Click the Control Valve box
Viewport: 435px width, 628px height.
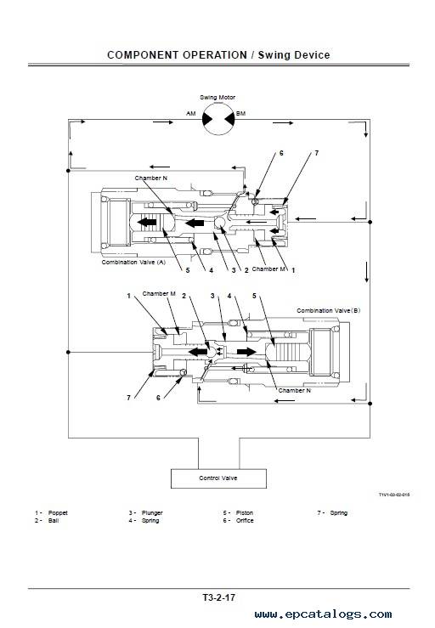[x=218, y=478]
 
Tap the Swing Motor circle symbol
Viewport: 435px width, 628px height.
[x=217, y=119]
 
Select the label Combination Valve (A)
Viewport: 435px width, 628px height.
[x=133, y=262]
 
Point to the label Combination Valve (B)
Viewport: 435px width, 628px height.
[x=329, y=310]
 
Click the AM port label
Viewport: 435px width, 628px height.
[x=191, y=113]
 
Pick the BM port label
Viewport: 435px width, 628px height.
[x=240, y=113]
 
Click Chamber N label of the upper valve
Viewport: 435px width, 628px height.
[x=151, y=178]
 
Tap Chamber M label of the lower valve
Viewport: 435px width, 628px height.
[x=159, y=293]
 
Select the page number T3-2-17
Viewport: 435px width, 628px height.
[x=218, y=597]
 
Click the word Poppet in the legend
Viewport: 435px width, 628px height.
[x=58, y=512]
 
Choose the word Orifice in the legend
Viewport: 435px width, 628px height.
[x=245, y=520]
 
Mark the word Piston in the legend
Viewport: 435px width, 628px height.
[x=245, y=512]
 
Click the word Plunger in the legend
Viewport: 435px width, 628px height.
[x=152, y=512]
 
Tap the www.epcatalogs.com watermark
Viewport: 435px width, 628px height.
[x=323, y=614]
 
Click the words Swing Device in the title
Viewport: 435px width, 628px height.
[x=294, y=55]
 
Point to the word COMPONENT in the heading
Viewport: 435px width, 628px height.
[x=143, y=55]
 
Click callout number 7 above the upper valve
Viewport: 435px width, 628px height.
[x=316, y=153]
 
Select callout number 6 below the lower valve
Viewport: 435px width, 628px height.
[x=158, y=398]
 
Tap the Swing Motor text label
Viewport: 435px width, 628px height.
[x=217, y=98]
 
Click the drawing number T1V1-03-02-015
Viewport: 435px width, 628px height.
[x=394, y=495]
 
